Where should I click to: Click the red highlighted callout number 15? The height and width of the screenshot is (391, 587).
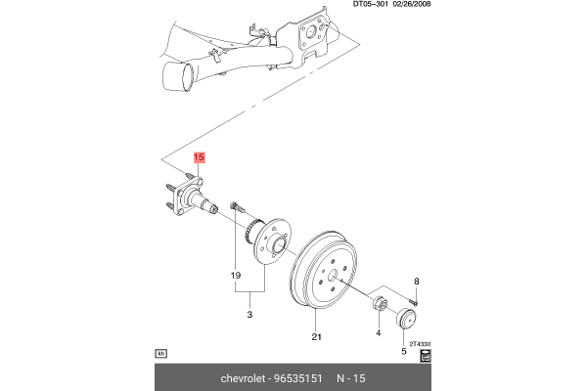click(199, 157)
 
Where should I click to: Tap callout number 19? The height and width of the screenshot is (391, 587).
click(236, 276)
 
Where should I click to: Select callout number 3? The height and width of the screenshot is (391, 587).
click(249, 315)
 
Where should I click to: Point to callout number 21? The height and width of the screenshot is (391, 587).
click(317, 337)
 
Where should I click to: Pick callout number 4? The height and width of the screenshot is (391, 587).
click(379, 332)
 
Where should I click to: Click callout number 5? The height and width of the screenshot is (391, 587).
click(403, 351)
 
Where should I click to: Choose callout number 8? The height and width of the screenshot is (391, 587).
click(417, 282)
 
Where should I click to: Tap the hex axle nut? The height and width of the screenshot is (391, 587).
click(379, 303)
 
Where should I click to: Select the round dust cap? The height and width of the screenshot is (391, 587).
click(406, 318)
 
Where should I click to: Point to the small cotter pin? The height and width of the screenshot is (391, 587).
click(413, 301)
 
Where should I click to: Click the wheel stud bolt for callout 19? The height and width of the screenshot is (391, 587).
click(237, 206)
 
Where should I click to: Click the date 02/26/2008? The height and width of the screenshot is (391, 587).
click(411, 4)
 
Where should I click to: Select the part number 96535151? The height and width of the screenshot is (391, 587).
click(298, 378)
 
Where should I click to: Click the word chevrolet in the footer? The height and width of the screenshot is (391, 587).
click(244, 378)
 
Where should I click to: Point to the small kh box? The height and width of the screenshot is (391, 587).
click(161, 353)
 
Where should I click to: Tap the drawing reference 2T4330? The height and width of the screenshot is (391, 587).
click(420, 344)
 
